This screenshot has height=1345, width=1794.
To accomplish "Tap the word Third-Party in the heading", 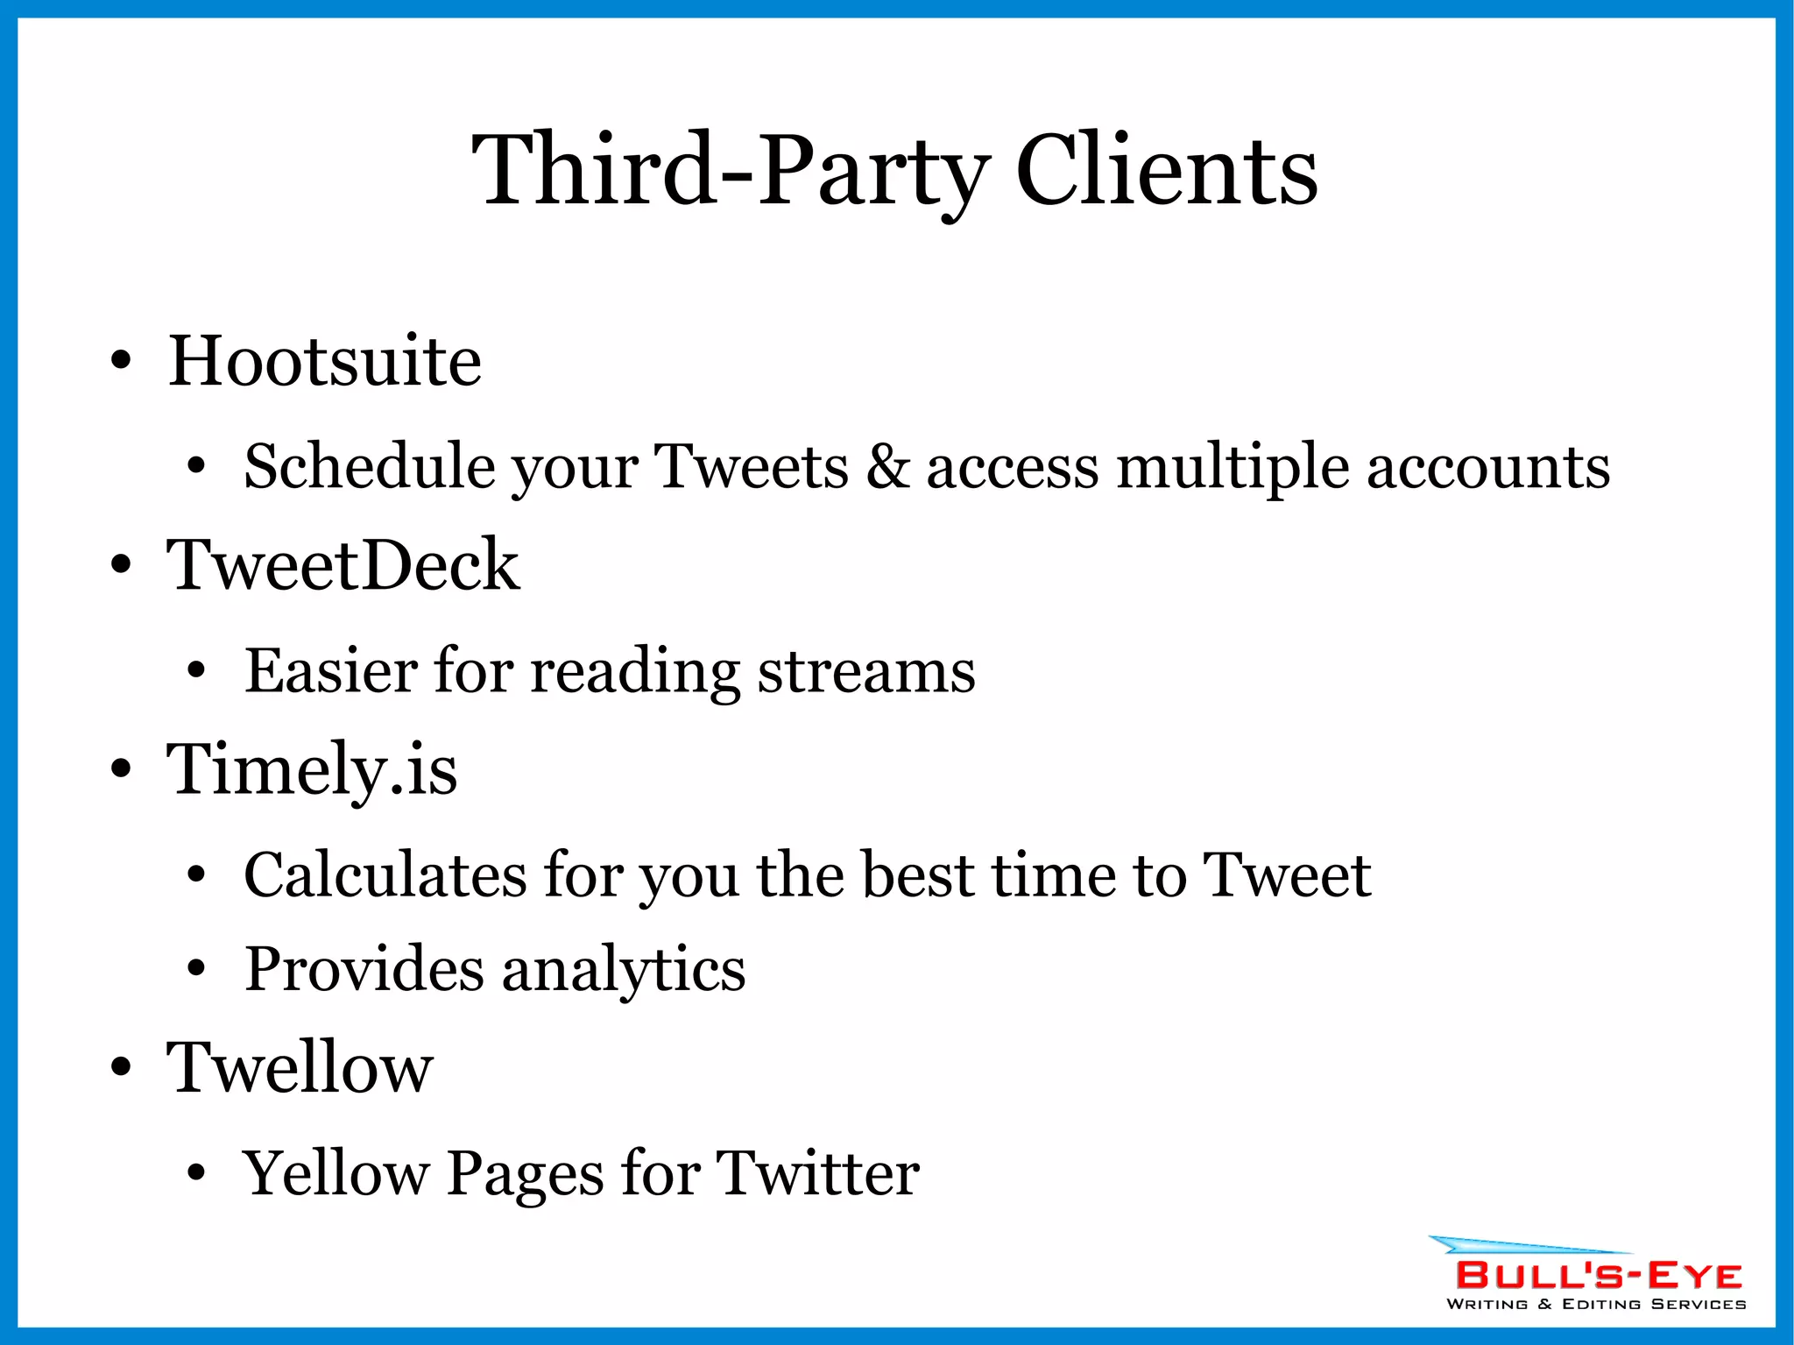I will pyautogui.click(x=731, y=170).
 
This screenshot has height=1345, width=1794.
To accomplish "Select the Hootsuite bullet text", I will pyautogui.click(x=324, y=361).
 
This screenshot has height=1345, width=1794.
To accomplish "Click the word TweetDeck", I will pyautogui.click(x=343, y=565).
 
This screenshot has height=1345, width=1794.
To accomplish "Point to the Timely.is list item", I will pyautogui.click(x=312, y=769).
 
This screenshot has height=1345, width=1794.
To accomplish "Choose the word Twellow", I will pyautogui.click(x=300, y=1068).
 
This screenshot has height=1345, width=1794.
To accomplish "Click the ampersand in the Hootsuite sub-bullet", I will pyautogui.click(x=887, y=466).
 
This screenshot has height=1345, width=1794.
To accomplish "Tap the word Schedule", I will pyautogui.click(x=369, y=466).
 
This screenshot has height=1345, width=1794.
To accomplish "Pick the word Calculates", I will pyautogui.click(x=385, y=875).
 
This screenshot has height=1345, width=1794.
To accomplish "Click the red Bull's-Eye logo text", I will pyautogui.click(x=1598, y=1276).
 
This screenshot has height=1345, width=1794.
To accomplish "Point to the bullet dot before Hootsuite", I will pyautogui.click(x=121, y=361).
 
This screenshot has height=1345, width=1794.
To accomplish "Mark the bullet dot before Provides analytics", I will pyautogui.click(x=196, y=970).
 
